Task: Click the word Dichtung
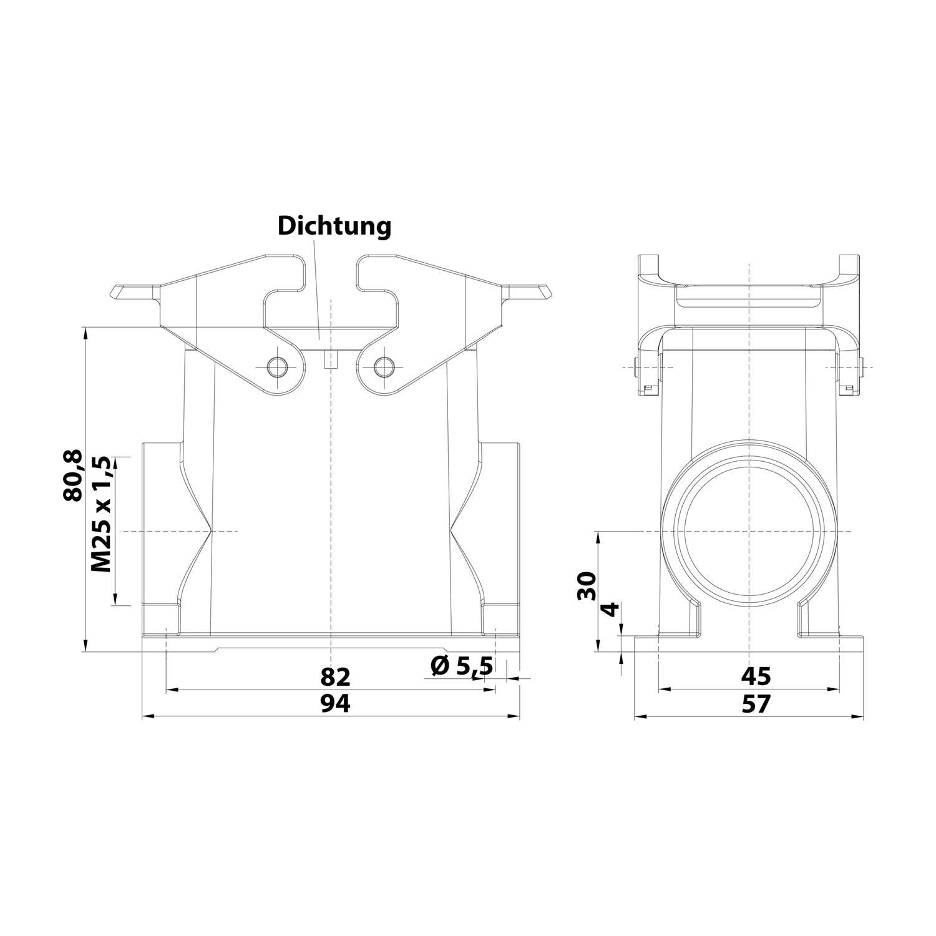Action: point(334,226)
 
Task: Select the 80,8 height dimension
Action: point(73,475)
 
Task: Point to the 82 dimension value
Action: point(336,677)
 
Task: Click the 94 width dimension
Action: point(336,704)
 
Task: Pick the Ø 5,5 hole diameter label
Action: point(462,666)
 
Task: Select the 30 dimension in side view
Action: point(587,585)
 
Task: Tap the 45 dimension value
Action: point(756,676)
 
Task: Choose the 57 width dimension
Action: point(756,704)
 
